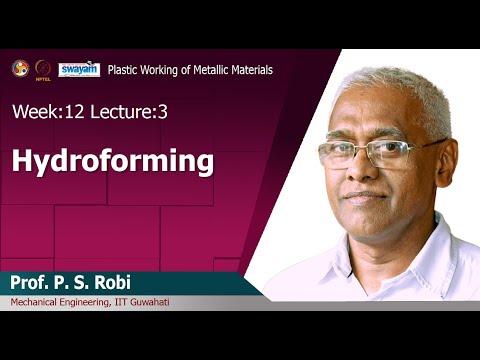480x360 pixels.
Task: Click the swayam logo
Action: [x=78, y=69]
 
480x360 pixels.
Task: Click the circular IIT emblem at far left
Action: [x=20, y=68]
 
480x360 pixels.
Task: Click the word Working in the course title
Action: [x=162, y=70]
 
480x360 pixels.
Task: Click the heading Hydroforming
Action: [x=113, y=160]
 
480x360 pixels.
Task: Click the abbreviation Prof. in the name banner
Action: [x=33, y=282]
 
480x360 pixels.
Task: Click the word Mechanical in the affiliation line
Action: [x=37, y=303]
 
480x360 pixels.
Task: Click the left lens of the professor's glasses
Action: [x=338, y=153]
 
